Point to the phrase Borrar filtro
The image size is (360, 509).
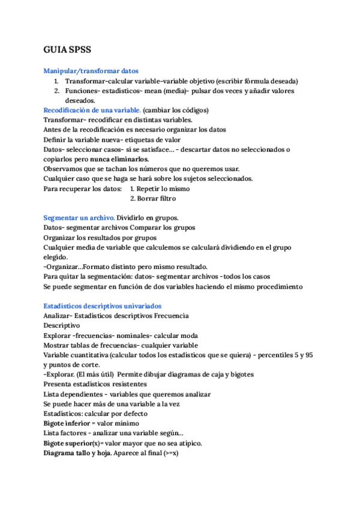[153, 198]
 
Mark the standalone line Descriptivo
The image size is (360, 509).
[62, 325]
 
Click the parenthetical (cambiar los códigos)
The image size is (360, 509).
[176, 110]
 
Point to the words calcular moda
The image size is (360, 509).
[178, 335]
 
